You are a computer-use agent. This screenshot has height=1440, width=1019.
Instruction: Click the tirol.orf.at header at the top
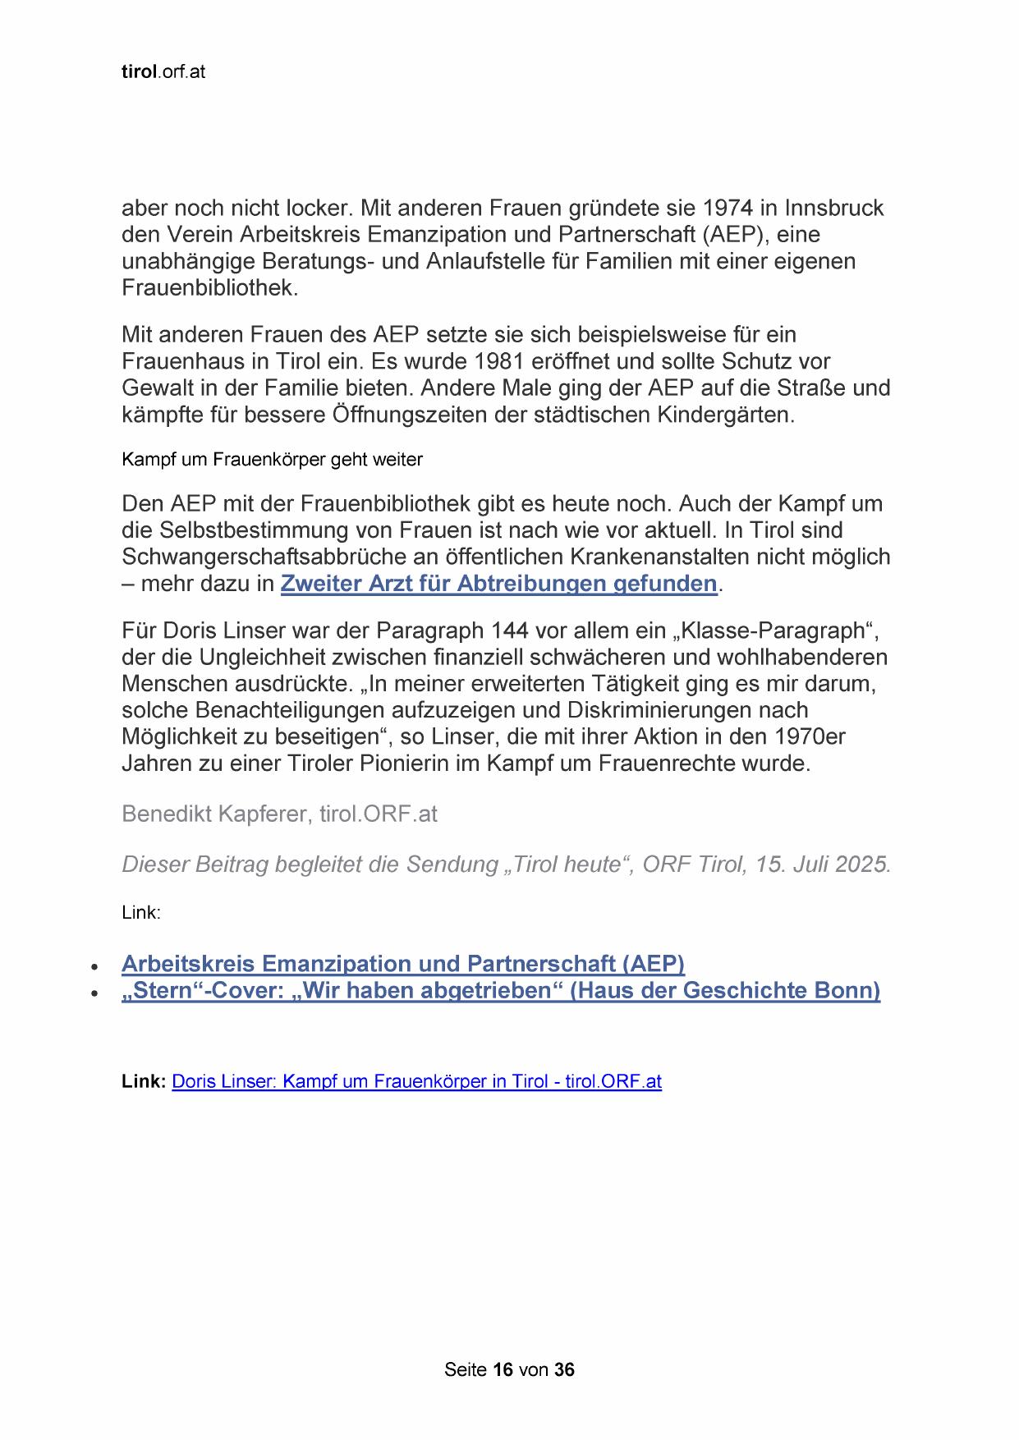[163, 72]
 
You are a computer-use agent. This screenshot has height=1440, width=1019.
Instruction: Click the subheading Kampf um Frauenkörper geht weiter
[272, 460]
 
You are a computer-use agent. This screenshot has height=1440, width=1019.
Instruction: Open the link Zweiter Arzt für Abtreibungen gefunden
[498, 584]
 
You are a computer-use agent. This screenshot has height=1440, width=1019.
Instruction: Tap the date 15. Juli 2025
[823, 864]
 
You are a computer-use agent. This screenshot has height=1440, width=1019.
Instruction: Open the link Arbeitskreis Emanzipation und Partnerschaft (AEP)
[403, 963]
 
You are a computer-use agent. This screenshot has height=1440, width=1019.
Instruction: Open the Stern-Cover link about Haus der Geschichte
[501, 990]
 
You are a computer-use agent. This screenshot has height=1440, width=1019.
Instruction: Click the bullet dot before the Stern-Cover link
[96, 993]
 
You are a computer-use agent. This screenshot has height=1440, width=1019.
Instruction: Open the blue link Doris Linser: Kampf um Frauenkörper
[416, 1081]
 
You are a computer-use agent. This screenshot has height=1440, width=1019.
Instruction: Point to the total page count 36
[564, 1369]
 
